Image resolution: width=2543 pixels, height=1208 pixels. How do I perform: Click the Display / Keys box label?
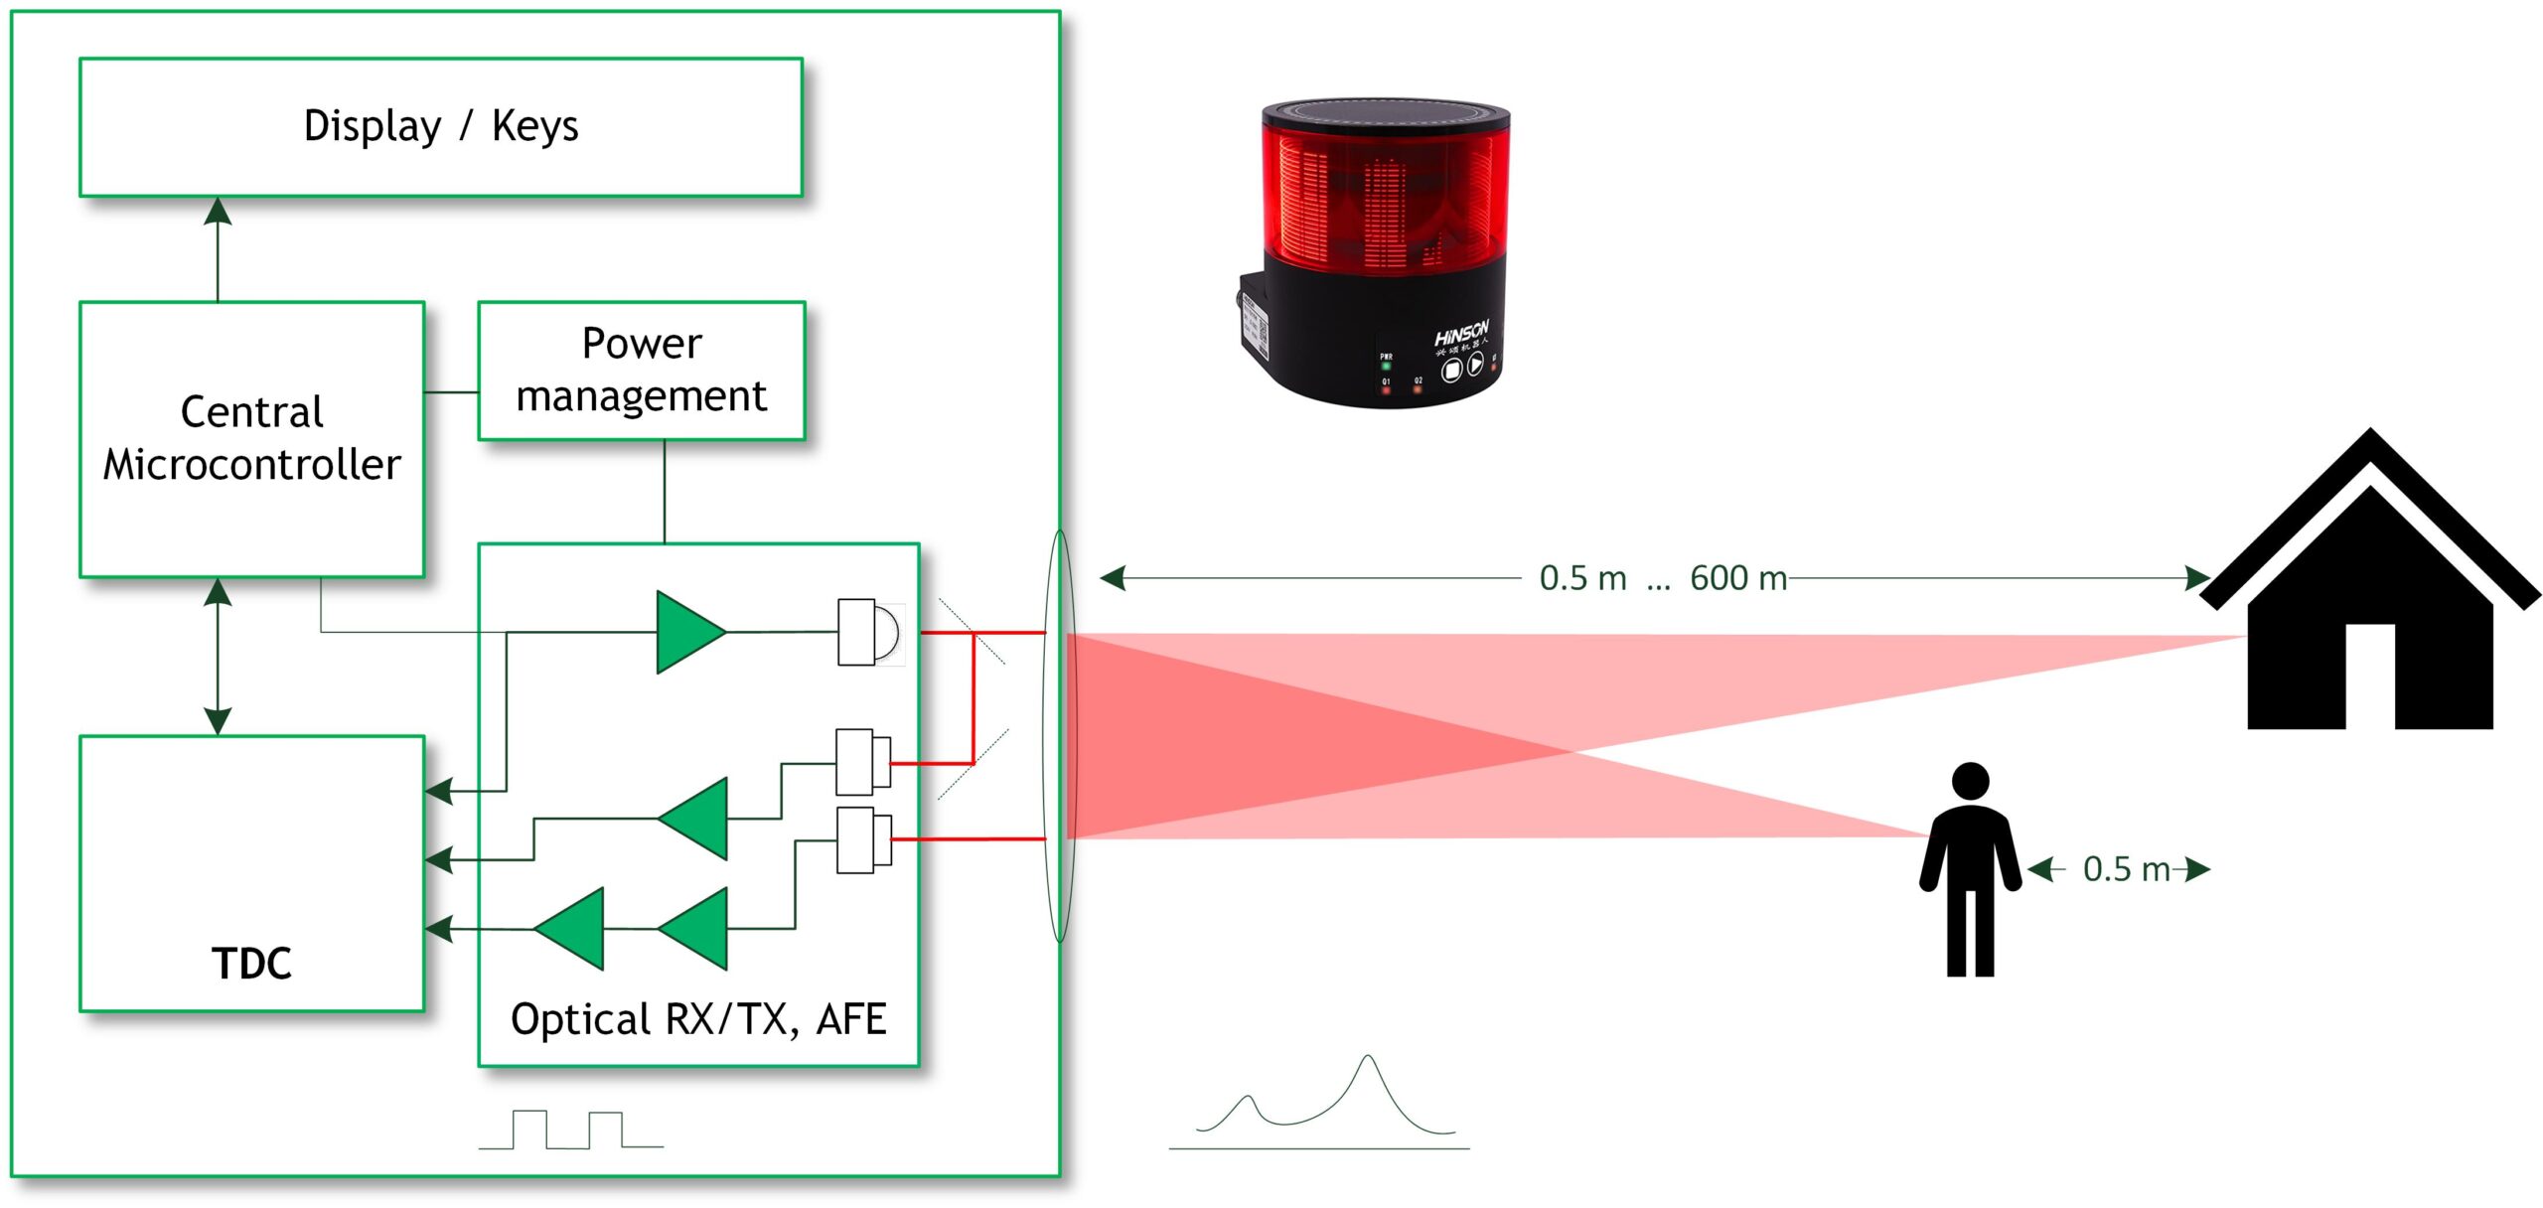coord(440,127)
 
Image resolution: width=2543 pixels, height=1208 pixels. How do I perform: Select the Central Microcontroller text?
coord(251,438)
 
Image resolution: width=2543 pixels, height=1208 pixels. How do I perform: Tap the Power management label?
coord(641,370)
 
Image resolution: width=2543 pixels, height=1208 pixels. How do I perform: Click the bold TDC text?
coord(251,964)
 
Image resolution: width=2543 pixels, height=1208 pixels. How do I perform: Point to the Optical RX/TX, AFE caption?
coord(697,1019)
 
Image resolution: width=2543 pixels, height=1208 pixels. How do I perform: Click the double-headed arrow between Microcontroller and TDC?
coord(218,657)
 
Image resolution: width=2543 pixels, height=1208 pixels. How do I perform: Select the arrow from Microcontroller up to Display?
coord(218,248)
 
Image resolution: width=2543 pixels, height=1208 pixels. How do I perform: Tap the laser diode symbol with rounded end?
coord(870,632)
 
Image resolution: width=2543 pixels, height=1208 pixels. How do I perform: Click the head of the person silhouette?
coord(1970,780)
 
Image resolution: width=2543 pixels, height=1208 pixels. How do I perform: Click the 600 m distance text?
coord(1738,578)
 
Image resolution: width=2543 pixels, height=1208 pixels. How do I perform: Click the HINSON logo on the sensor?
coord(1460,333)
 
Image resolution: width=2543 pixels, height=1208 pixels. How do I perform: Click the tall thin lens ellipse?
coord(1060,735)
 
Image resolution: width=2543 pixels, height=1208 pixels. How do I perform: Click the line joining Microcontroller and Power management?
coord(451,392)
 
